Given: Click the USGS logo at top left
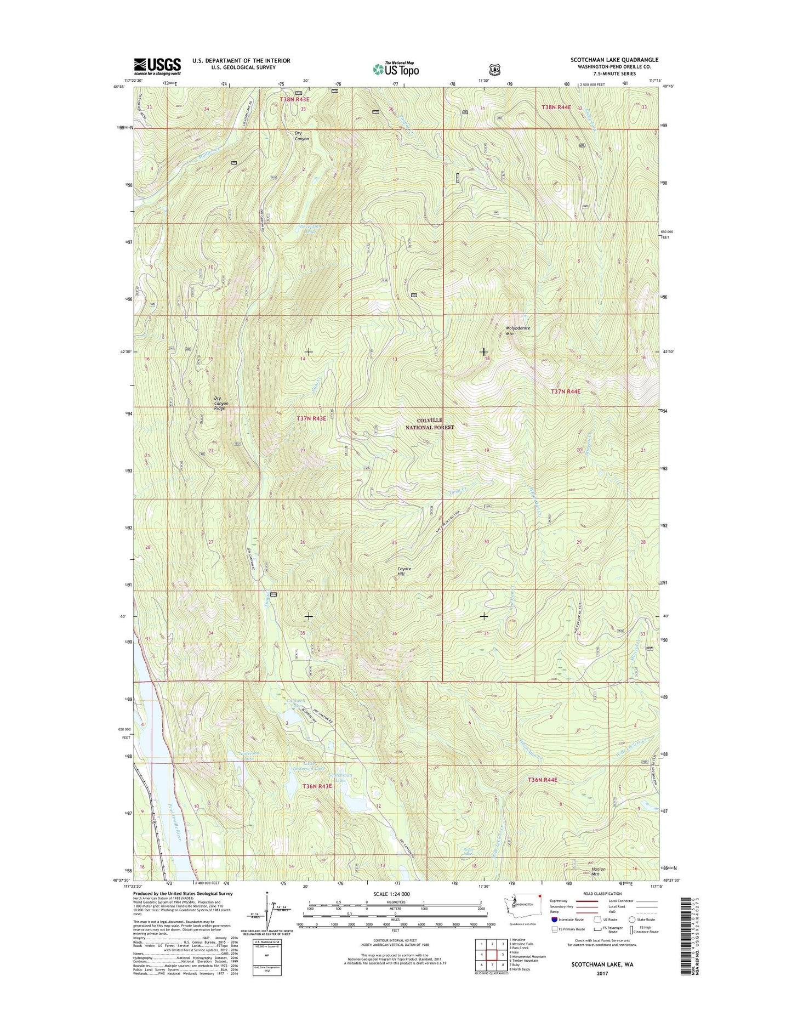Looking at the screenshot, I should pyautogui.click(x=157, y=66).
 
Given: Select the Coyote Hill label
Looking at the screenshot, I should pyautogui.click(x=404, y=571).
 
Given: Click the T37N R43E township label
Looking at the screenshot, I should pyautogui.click(x=311, y=418).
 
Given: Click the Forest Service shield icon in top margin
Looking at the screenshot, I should pyautogui.click(x=494, y=70).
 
